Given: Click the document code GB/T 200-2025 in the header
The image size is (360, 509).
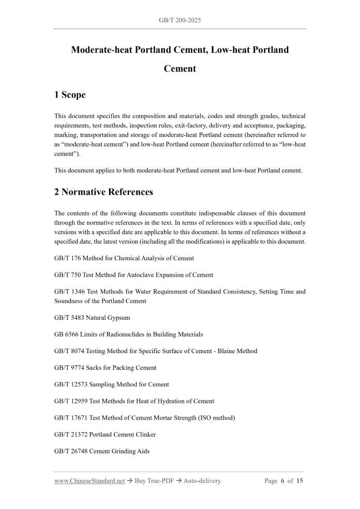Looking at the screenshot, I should [180, 20].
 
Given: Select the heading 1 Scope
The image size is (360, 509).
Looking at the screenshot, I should [70, 95].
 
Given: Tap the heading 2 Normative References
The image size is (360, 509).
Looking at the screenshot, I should [103, 192].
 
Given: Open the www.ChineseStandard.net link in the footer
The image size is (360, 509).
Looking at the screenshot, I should [89, 481].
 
